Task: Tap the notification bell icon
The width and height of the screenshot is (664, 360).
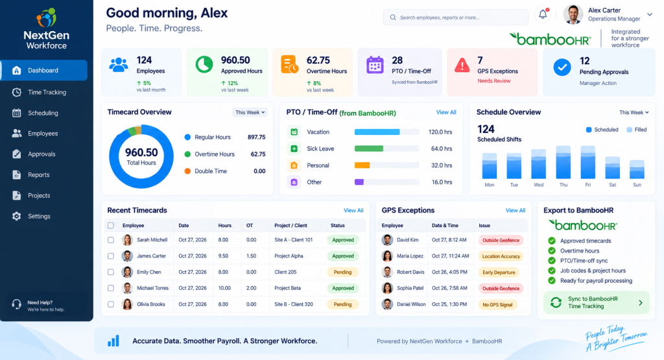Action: [543, 14]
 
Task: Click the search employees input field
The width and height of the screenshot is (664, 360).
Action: [456, 18]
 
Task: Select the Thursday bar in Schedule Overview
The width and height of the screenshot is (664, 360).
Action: [563, 162]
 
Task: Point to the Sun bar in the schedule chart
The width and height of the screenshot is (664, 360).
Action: [637, 169]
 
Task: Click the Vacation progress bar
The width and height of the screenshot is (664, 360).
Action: [386, 132]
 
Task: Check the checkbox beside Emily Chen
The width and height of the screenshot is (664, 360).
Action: [110, 272]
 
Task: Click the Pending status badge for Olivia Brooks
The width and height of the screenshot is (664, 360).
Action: [342, 304]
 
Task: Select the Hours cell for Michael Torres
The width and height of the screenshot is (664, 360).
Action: [224, 288]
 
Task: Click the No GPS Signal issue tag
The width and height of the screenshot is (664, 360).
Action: [497, 304]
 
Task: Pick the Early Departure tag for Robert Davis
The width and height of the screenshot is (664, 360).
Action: [499, 272]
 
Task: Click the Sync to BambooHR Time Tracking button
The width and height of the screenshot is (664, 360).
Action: [597, 302]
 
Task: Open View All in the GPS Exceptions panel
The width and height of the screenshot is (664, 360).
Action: [516, 211]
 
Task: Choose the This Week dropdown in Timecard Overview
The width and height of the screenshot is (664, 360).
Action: [250, 112]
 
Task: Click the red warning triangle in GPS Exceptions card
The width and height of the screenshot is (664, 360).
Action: [462, 66]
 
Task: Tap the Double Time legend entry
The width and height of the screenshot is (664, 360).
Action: [206, 171]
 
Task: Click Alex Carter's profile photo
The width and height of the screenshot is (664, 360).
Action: [573, 15]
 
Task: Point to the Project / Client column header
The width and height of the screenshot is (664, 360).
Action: [290, 225]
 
